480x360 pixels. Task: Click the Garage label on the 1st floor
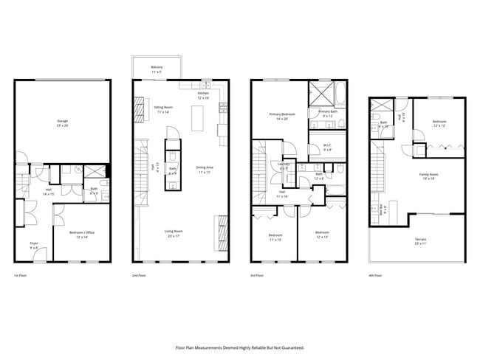tap(63, 122)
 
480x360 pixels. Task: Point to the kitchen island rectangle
tap(196, 117)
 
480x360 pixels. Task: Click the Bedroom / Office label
tap(82, 234)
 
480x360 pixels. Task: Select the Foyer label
tap(34, 245)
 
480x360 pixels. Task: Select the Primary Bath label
tap(326, 114)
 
